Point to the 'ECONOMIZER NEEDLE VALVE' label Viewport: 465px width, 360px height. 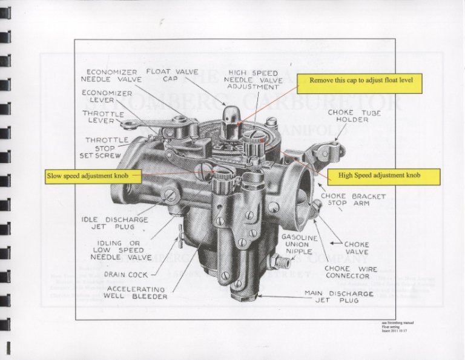click(112, 75)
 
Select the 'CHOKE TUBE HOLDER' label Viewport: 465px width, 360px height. click(354, 115)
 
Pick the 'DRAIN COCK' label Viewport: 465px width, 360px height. click(127, 274)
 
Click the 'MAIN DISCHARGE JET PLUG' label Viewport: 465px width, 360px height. click(338, 296)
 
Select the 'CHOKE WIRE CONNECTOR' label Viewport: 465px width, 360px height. click(351, 272)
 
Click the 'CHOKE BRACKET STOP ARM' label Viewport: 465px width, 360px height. click(352, 199)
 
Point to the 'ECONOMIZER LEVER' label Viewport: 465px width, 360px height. click(107, 97)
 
